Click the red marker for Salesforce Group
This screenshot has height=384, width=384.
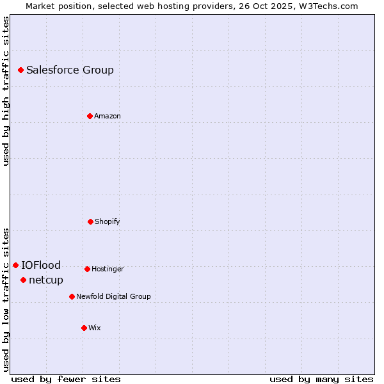tap(20, 70)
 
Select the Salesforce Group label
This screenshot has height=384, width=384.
tap(70, 70)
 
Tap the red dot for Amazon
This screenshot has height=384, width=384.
tap(90, 116)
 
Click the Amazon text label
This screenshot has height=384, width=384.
tap(108, 116)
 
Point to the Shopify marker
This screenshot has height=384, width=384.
tap(90, 221)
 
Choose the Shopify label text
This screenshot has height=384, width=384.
tap(108, 222)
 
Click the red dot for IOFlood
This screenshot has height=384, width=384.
tap(15, 265)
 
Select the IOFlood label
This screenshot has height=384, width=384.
tap(41, 266)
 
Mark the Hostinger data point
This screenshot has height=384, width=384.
tap(87, 269)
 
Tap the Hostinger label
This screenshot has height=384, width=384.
tap(108, 269)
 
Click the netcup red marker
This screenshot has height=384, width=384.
tap(23, 280)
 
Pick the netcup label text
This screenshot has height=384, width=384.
tap(46, 280)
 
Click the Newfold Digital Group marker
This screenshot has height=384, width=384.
tap(72, 296)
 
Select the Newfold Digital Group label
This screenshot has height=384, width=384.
tap(113, 297)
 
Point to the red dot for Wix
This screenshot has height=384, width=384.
tap(84, 328)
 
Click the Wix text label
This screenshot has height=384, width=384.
tap(95, 328)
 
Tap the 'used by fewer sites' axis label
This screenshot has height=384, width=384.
tap(66, 379)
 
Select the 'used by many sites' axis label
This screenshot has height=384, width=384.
tap(321, 379)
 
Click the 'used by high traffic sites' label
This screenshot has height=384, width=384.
tap(6, 91)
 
